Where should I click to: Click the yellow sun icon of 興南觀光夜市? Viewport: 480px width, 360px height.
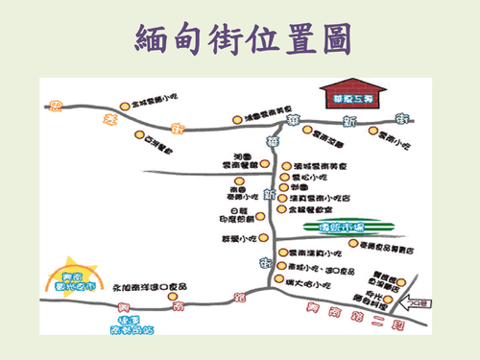tap(69, 273)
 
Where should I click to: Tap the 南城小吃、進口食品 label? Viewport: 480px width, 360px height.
tap(321, 269)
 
